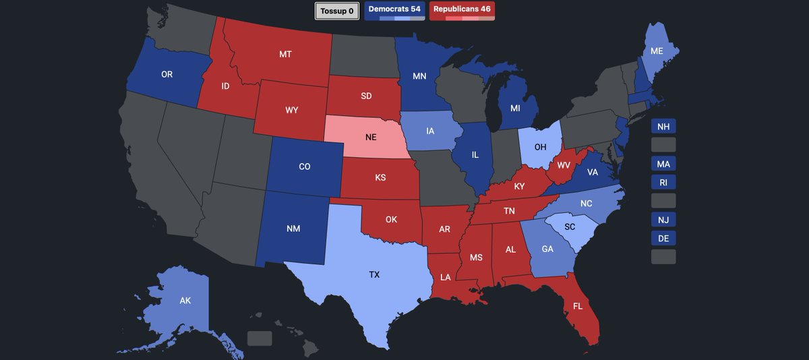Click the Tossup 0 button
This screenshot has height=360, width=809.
pos(337,11)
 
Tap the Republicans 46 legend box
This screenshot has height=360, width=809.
pos(462,10)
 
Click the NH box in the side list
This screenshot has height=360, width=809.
pos(663,127)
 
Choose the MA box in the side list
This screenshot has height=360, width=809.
pos(663,164)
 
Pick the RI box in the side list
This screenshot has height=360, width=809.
pos(663,182)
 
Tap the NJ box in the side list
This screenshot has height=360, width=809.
pos(663,219)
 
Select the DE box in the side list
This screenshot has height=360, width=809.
pos(663,238)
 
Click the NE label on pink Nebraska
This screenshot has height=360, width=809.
pos(371,137)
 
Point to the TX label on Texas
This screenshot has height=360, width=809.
pos(374,274)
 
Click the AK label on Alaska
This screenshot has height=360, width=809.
pos(185,301)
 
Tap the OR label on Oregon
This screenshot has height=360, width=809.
pos(167,74)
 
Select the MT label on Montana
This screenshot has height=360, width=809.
pos(285,54)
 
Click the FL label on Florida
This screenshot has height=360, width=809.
pos(578,305)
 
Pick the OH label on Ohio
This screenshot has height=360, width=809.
pos(541,146)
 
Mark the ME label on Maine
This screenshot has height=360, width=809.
pos(656,51)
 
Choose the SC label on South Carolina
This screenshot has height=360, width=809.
pos(570,227)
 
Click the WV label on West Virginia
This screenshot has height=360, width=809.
pos(563,164)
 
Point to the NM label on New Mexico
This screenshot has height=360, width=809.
pos(293,229)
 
